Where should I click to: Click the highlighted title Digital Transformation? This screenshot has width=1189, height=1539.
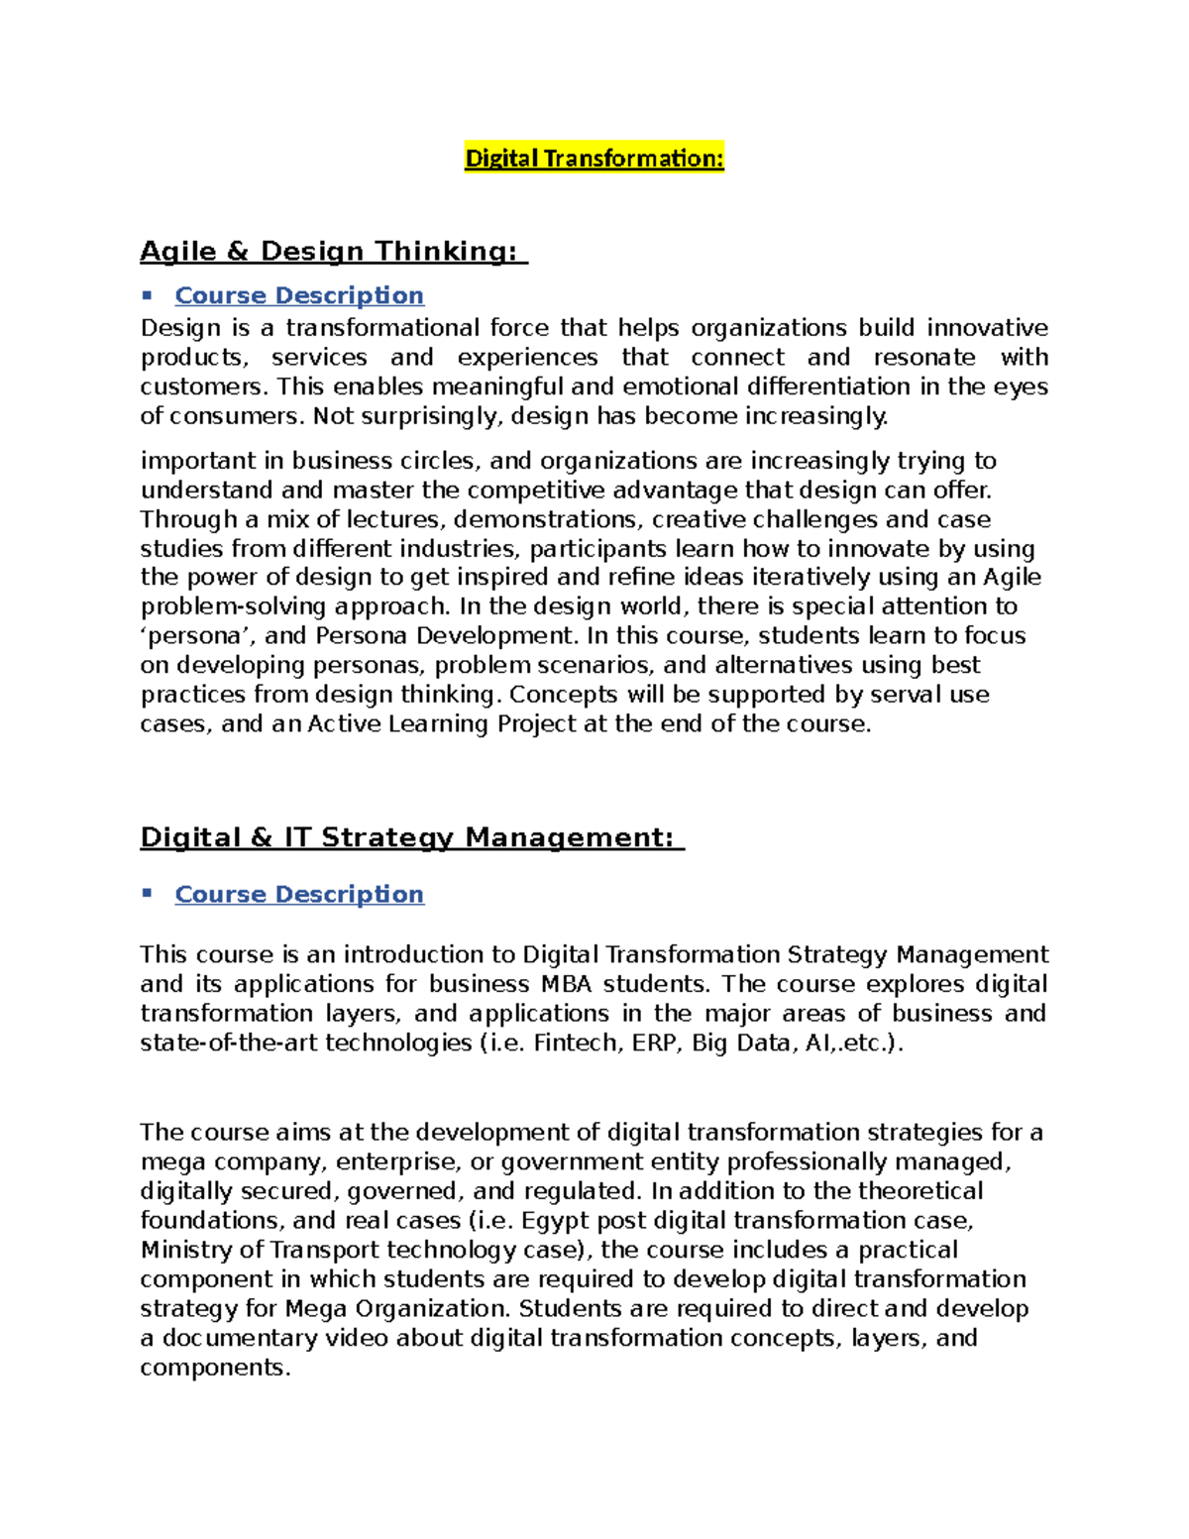click(x=594, y=159)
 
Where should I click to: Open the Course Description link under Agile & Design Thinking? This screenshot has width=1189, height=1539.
click(x=299, y=295)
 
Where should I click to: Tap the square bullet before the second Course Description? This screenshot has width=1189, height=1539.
click(x=147, y=893)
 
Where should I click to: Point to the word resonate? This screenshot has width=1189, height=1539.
click(x=923, y=357)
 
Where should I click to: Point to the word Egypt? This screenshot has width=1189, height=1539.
click(x=553, y=1221)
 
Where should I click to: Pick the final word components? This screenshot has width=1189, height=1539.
click(x=215, y=1368)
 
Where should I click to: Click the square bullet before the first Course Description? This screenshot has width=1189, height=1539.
click(x=147, y=294)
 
